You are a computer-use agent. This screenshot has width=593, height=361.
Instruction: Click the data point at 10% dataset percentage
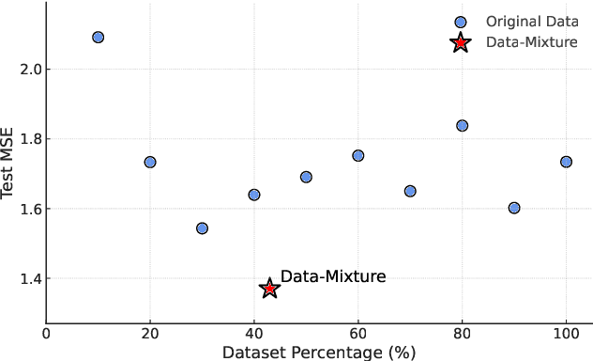click(98, 38)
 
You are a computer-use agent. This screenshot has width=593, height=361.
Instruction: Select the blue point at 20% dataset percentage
click(150, 163)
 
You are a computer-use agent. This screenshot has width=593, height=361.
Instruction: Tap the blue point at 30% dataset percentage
click(202, 228)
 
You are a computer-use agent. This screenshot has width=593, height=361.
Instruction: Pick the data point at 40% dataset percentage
click(253, 195)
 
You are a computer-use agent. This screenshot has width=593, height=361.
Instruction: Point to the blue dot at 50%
click(306, 177)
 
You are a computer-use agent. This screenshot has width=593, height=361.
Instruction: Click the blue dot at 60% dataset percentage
click(357, 155)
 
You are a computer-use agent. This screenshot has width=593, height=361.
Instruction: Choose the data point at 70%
click(410, 191)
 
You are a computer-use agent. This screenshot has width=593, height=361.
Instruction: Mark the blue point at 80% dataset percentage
click(462, 126)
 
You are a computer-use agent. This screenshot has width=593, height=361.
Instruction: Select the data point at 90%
click(513, 208)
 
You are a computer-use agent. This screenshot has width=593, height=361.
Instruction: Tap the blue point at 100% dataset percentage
click(566, 162)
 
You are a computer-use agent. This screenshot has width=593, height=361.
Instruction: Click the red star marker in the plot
click(269, 289)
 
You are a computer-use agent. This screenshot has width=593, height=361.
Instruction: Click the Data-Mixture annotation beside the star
click(333, 276)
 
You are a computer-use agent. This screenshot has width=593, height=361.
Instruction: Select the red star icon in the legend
click(460, 42)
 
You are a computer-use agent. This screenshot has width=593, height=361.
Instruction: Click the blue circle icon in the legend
click(460, 22)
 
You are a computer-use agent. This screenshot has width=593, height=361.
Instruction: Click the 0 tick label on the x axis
click(46, 334)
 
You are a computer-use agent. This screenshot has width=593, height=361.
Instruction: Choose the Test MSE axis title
click(8, 163)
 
